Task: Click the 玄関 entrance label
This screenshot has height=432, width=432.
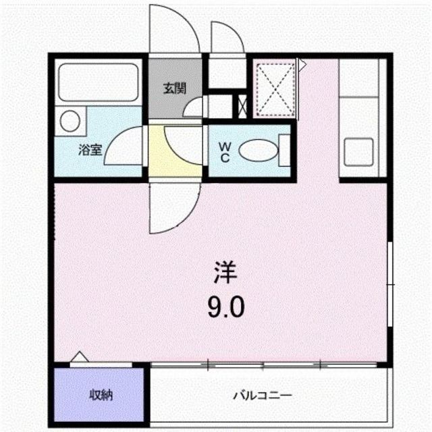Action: (x=174, y=88)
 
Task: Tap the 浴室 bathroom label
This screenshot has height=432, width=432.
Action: (x=90, y=151)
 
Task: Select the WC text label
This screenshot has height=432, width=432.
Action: (x=224, y=151)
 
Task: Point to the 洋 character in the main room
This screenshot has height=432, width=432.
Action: (x=225, y=275)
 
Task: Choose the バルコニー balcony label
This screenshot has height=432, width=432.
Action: (x=263, y=395)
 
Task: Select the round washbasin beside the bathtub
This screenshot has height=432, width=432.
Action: (x=70, y=122)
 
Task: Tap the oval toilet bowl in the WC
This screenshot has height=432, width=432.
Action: (x=257, y=151)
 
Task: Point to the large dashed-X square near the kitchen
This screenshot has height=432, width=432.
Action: (x=275, y=88)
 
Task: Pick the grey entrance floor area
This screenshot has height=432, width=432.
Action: (x=174, y=94)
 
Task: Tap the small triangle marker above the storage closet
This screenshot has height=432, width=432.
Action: (x=79, y=358)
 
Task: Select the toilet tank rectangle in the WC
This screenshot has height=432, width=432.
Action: (x=284, y=151)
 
